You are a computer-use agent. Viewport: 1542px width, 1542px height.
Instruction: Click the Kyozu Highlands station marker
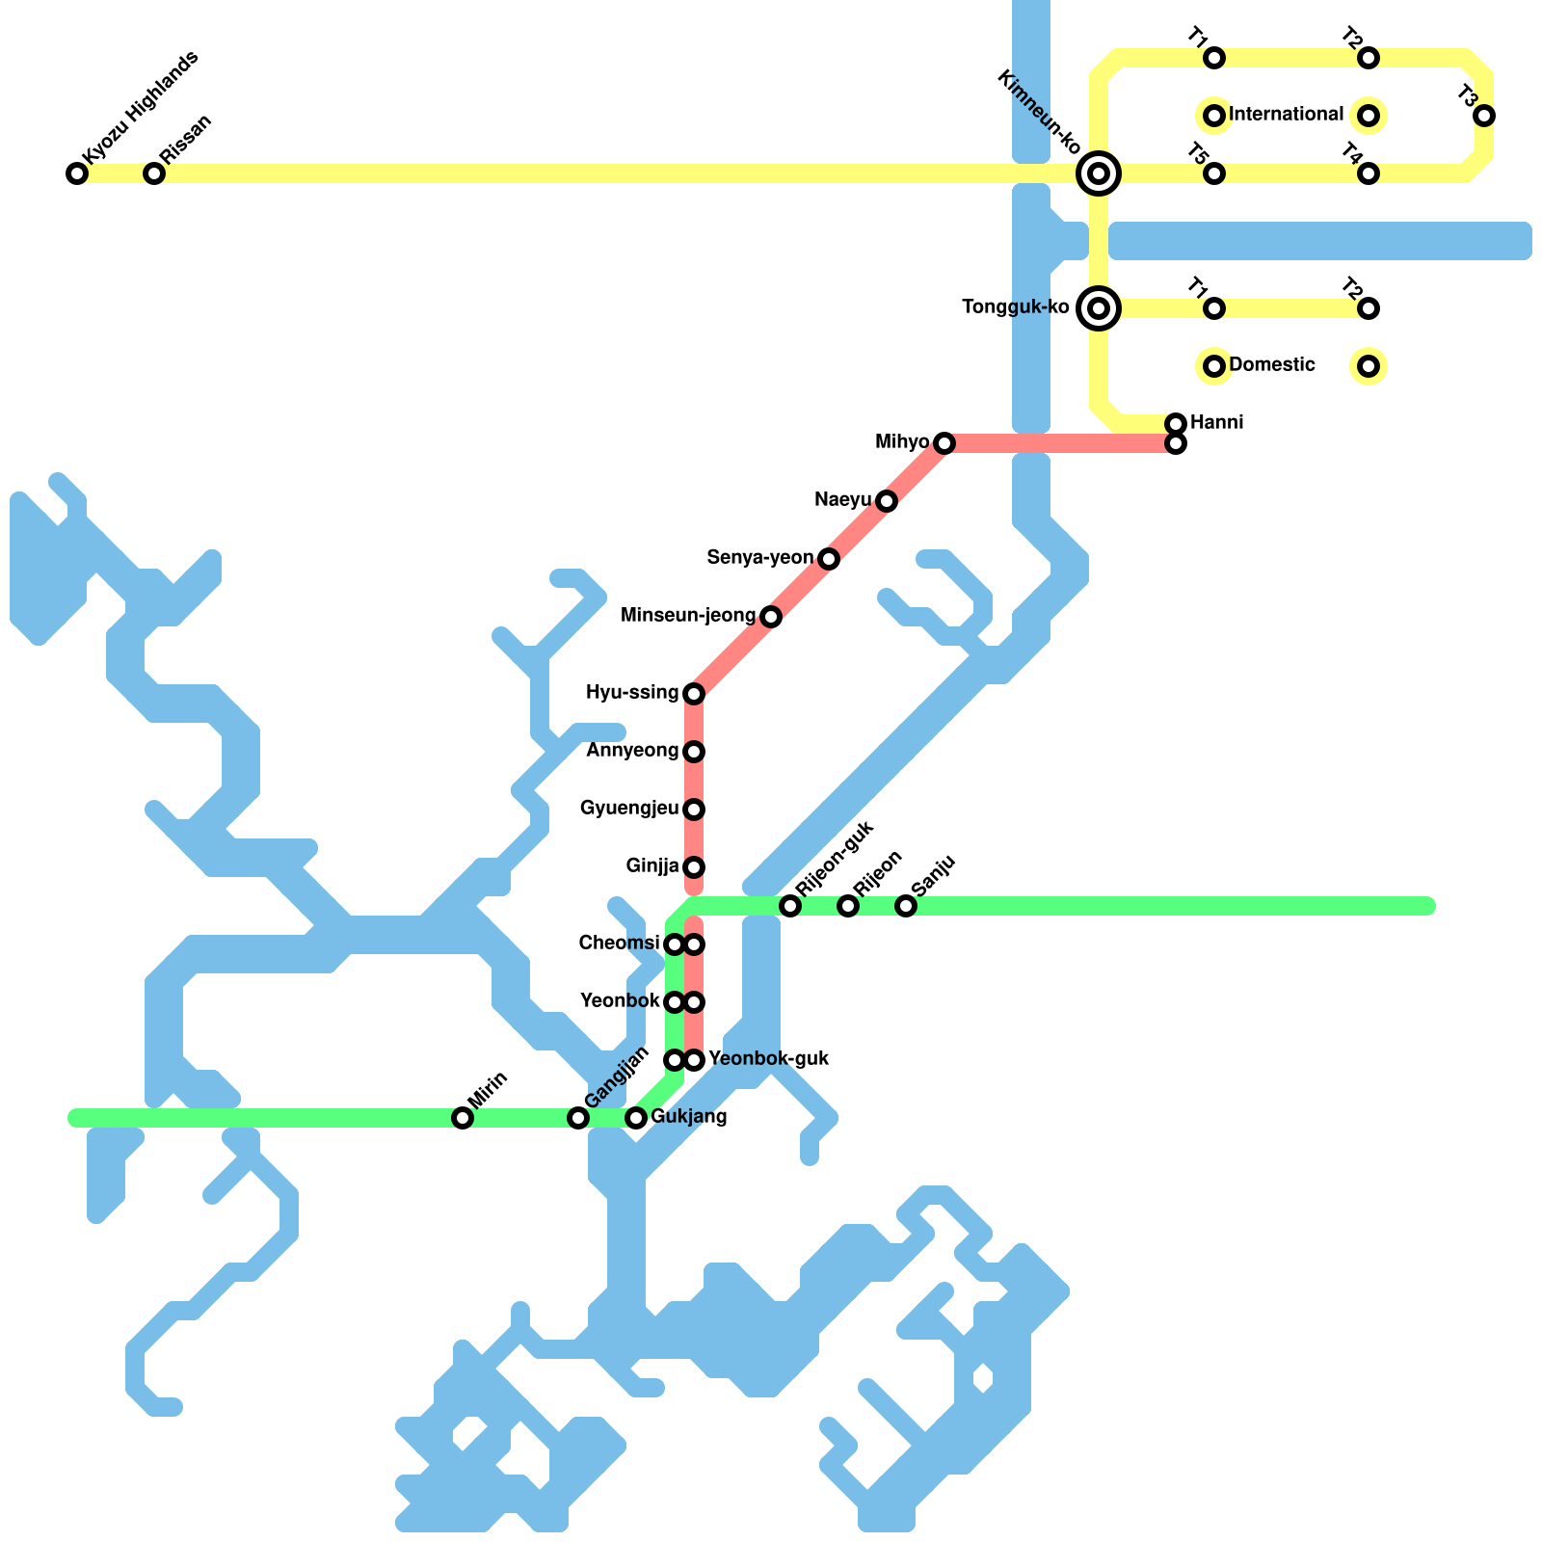pyautogui.click(x=77, y=173)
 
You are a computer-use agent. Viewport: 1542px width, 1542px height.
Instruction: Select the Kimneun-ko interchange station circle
pyautogui.click(x=1098, y=173)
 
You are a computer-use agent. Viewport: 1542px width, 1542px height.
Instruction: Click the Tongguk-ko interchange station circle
pyautogui.click(x=1098, y=308)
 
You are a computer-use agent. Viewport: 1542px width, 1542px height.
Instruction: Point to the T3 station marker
pyautogui.click(x=1484, y=116)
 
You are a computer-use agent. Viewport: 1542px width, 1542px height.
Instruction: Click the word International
pyautogui.click(x=1287, y=115)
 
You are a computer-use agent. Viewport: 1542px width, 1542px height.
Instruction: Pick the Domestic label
pyautogui.click(x=1272, y=365)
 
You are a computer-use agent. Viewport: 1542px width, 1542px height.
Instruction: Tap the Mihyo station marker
pyautogui.click(x=944, y=443)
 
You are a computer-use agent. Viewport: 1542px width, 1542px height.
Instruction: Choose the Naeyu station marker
pyautogui.click(x=887, y=501)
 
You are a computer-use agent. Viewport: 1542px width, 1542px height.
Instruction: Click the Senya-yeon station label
pyautogui.click(x=759, y=558)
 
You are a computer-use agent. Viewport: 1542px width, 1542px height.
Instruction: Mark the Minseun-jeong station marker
pyautogui.click(x=770, y=617)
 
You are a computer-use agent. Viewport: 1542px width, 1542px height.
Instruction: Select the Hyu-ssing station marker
pyautogui.click(x=694, y=694)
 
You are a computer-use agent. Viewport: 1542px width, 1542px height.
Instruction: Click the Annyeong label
pyautogui.click(x=632, y=751)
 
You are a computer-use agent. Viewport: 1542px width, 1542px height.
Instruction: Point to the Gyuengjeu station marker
pyautogui.click(x=694, y=810)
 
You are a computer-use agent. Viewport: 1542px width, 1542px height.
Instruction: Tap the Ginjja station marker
pyautogui.click(x=694, y=867)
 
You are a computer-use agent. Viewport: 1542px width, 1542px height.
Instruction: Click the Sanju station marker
pyautogui.click(x=906, y=906)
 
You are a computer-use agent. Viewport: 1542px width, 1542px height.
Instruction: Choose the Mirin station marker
pyautogui.click(x=463, y=1118)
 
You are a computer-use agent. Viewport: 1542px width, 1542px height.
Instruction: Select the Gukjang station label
pyautogui.click(x=689, y=1117)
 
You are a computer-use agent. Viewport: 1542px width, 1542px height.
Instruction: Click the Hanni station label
pyautogui.click(x=1216, y=423)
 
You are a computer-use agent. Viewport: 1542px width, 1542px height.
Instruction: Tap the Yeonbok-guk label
pyautogui.click(x=769, y=1059)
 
